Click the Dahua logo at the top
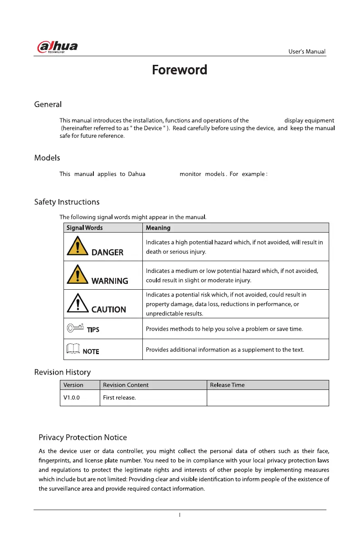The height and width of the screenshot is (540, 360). tap(57, 48)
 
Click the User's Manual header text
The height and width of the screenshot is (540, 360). tap(307, 52)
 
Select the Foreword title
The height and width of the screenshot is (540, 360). tap(180, 70)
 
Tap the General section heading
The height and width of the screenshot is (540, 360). tap(48, 105)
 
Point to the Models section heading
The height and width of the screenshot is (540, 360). tap(47, 158)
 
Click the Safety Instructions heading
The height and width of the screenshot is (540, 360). tap(67, 202)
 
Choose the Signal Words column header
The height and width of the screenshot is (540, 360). tap(84, 228)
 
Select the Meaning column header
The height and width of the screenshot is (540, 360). tap(158, 228)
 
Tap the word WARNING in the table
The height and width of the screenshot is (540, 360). tap(110, 281)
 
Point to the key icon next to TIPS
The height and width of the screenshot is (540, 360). tap(75, 327)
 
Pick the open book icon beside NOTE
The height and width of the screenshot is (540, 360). tap(73, 349)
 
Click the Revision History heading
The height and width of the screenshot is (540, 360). tap(63, 372)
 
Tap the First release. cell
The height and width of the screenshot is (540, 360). tap(120, 398)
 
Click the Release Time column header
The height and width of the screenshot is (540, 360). tap(227, 385)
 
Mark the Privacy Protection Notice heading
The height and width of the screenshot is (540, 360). tap(83, 438)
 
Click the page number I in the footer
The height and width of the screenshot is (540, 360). tap(180, 516)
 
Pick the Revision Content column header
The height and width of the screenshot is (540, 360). tap(126, 385)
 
